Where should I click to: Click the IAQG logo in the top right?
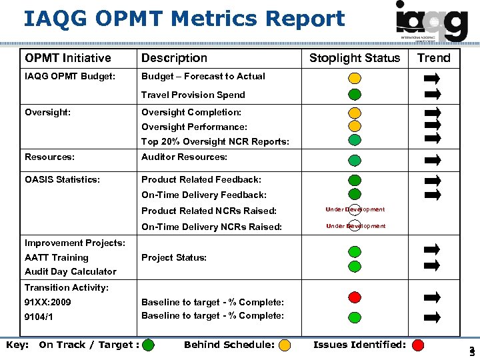(431, 21)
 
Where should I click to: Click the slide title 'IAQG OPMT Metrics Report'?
(184, 19)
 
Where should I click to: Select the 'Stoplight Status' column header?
(355, 58)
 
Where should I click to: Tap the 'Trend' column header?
(434, 58)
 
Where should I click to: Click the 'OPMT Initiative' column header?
(68, 58)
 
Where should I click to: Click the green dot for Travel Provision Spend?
(355, 94)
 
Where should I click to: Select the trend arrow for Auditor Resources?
(433, 159)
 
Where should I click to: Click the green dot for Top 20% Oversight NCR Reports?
(355, 139)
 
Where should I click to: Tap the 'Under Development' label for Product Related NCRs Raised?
(355, 209)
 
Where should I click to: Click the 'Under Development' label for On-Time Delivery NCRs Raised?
(355, 226)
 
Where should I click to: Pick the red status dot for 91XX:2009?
(355, 297)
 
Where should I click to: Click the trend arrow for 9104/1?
(433, 316)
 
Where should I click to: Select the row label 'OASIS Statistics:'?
(63, 179)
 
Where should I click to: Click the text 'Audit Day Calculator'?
(71, 271)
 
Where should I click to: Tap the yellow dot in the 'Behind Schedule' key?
(285, 345)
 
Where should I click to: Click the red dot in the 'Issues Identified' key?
(418, 345)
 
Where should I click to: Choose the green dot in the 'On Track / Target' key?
(148, 345)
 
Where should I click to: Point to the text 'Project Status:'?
(174, 257)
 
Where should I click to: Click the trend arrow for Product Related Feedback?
(433, 181)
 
